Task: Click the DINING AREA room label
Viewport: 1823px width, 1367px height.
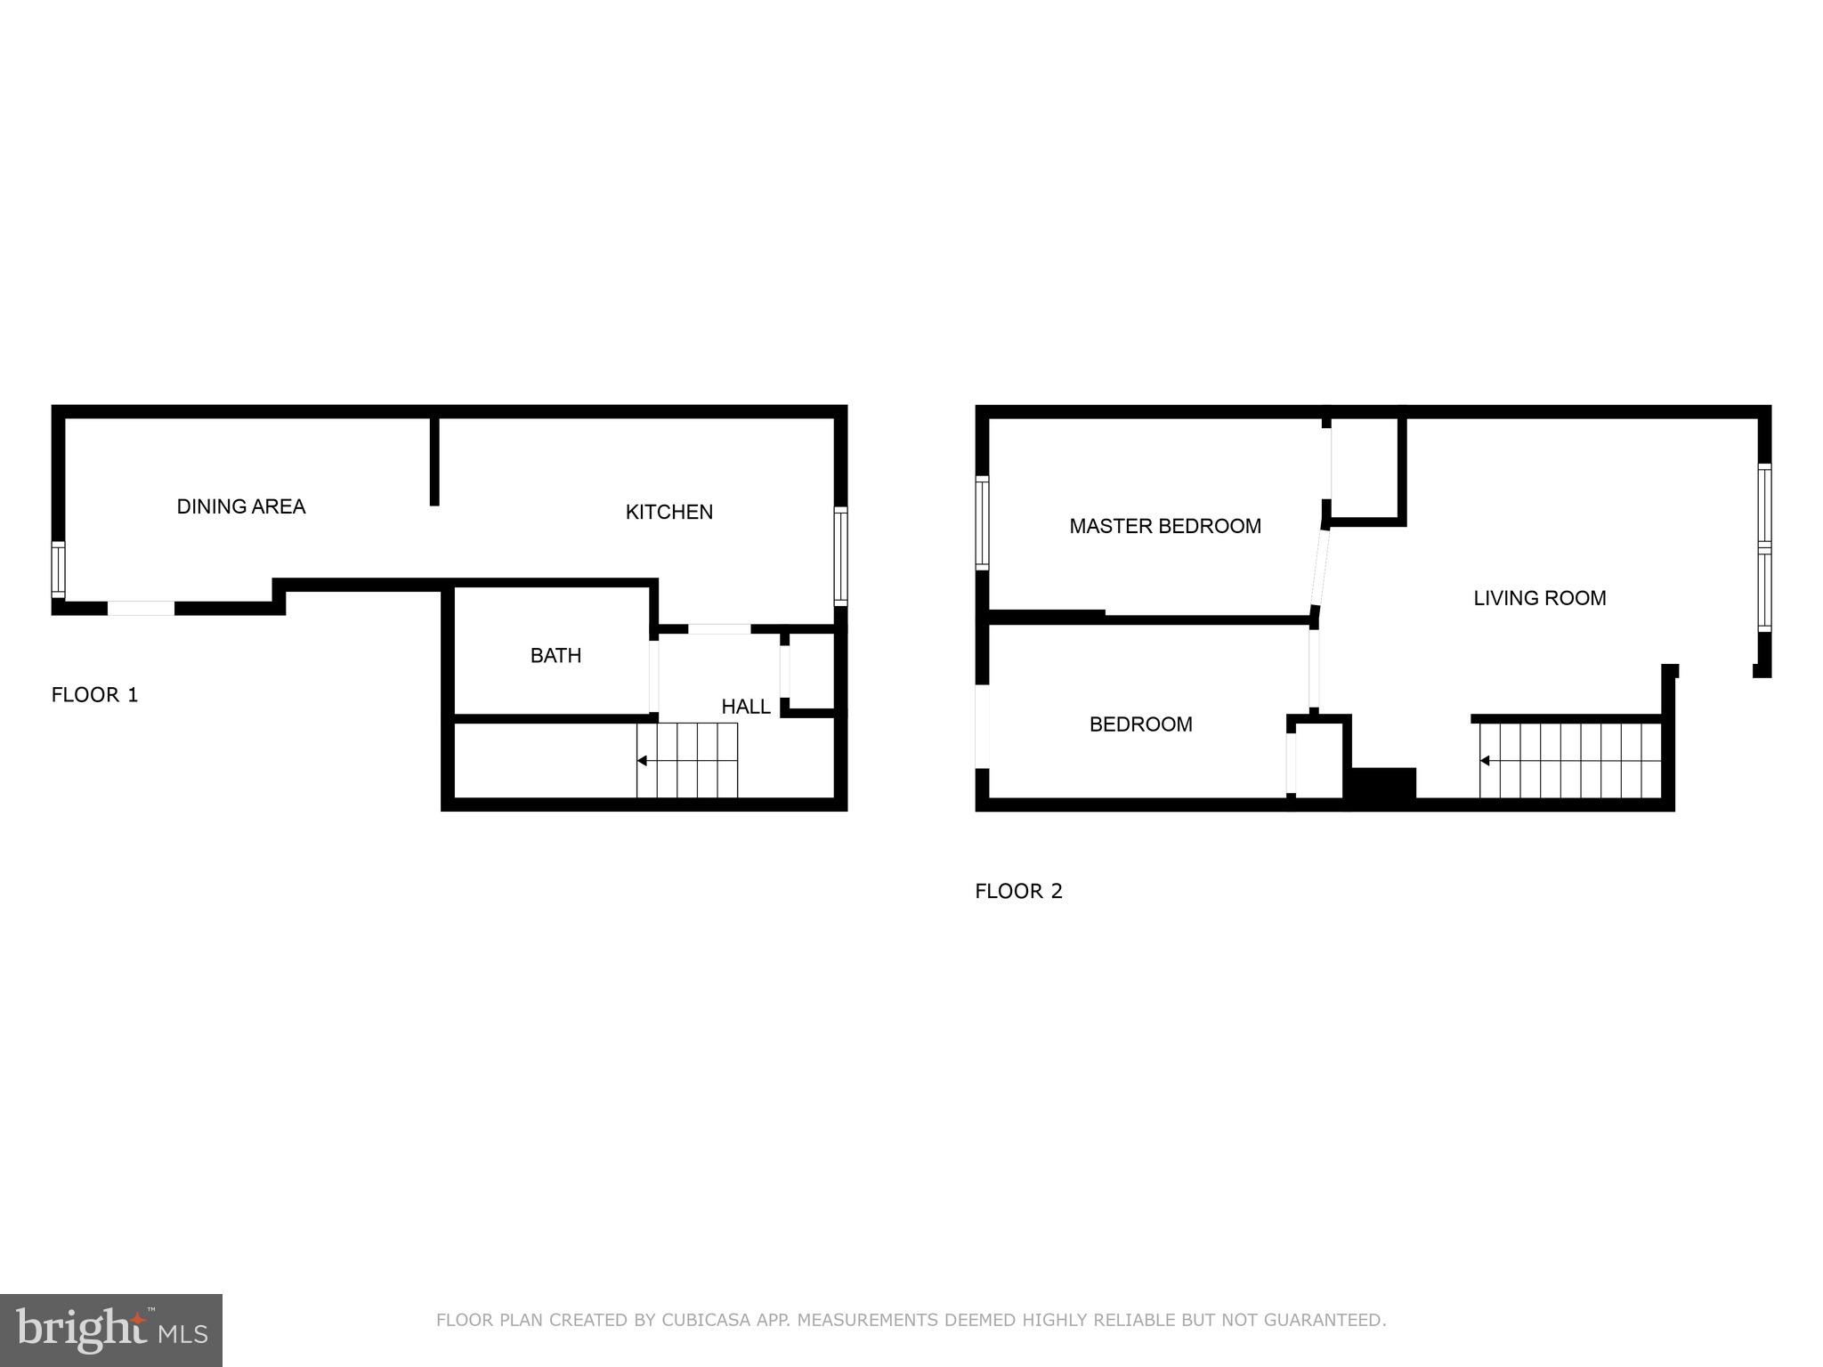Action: pos(241,506)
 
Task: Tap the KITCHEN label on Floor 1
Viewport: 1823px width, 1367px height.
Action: pos(669,512)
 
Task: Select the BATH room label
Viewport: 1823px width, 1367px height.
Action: pos(555,656)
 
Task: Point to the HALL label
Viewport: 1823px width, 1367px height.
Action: pos(746,707)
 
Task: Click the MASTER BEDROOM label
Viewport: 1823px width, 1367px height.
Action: pos(1165,526)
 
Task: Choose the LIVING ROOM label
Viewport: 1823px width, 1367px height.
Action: pos(1540,598)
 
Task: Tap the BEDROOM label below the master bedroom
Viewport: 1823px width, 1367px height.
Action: pos(1140,724)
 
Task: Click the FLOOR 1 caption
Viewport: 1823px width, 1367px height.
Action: pos(95,695)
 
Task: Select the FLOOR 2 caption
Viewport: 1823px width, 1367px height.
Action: pos(1018,891)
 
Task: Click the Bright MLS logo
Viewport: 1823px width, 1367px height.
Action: pos(110,1330)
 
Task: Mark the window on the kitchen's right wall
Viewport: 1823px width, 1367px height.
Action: pos(840,556)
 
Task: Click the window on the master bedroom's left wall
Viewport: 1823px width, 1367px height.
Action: pos(983,522)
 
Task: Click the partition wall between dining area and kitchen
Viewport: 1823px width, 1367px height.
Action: pos(434,460)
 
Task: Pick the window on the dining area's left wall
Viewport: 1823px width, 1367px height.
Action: pos(59,570)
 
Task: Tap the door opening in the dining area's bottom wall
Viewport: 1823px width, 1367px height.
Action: pos(141,609)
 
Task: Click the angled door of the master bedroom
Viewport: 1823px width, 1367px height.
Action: pos(1320,567)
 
